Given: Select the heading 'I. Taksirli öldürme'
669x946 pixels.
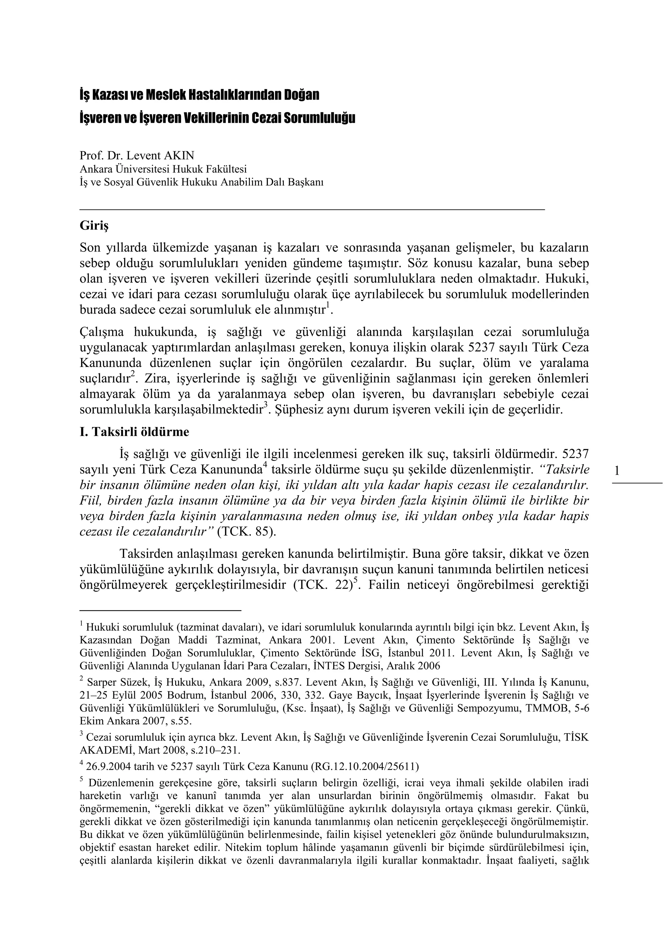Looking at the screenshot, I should click(134, 432).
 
